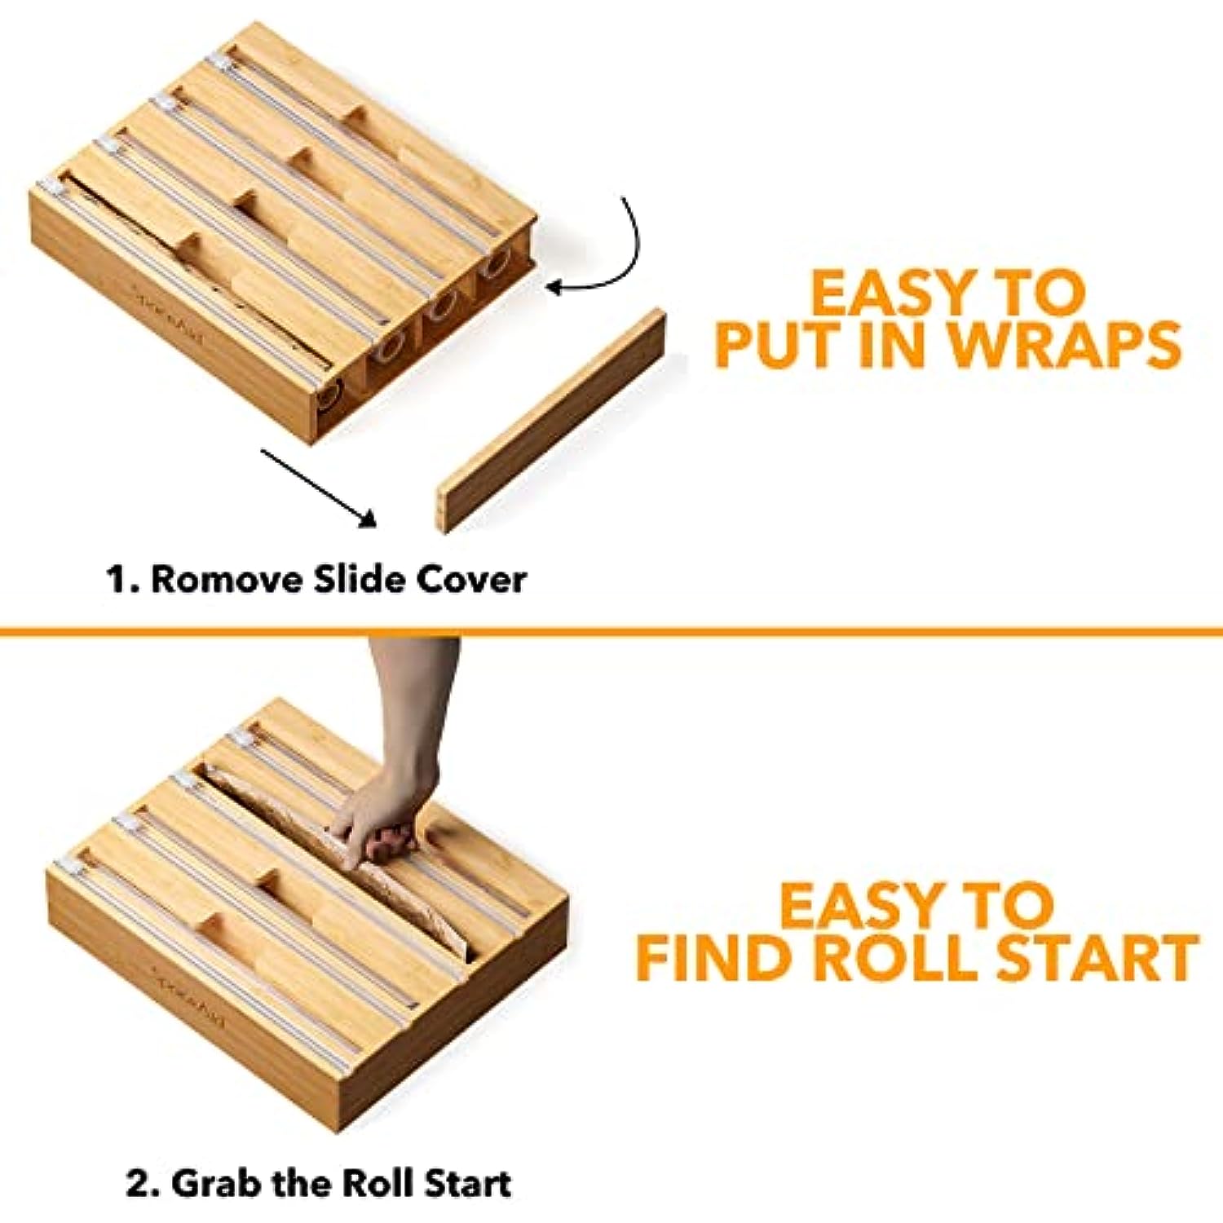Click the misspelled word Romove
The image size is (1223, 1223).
point(227,580)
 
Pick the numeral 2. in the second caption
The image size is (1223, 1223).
point(143,1184)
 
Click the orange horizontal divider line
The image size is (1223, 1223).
point(611,630)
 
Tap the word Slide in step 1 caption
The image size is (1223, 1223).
point(360,580)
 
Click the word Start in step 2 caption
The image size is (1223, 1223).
point(467,1183)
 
